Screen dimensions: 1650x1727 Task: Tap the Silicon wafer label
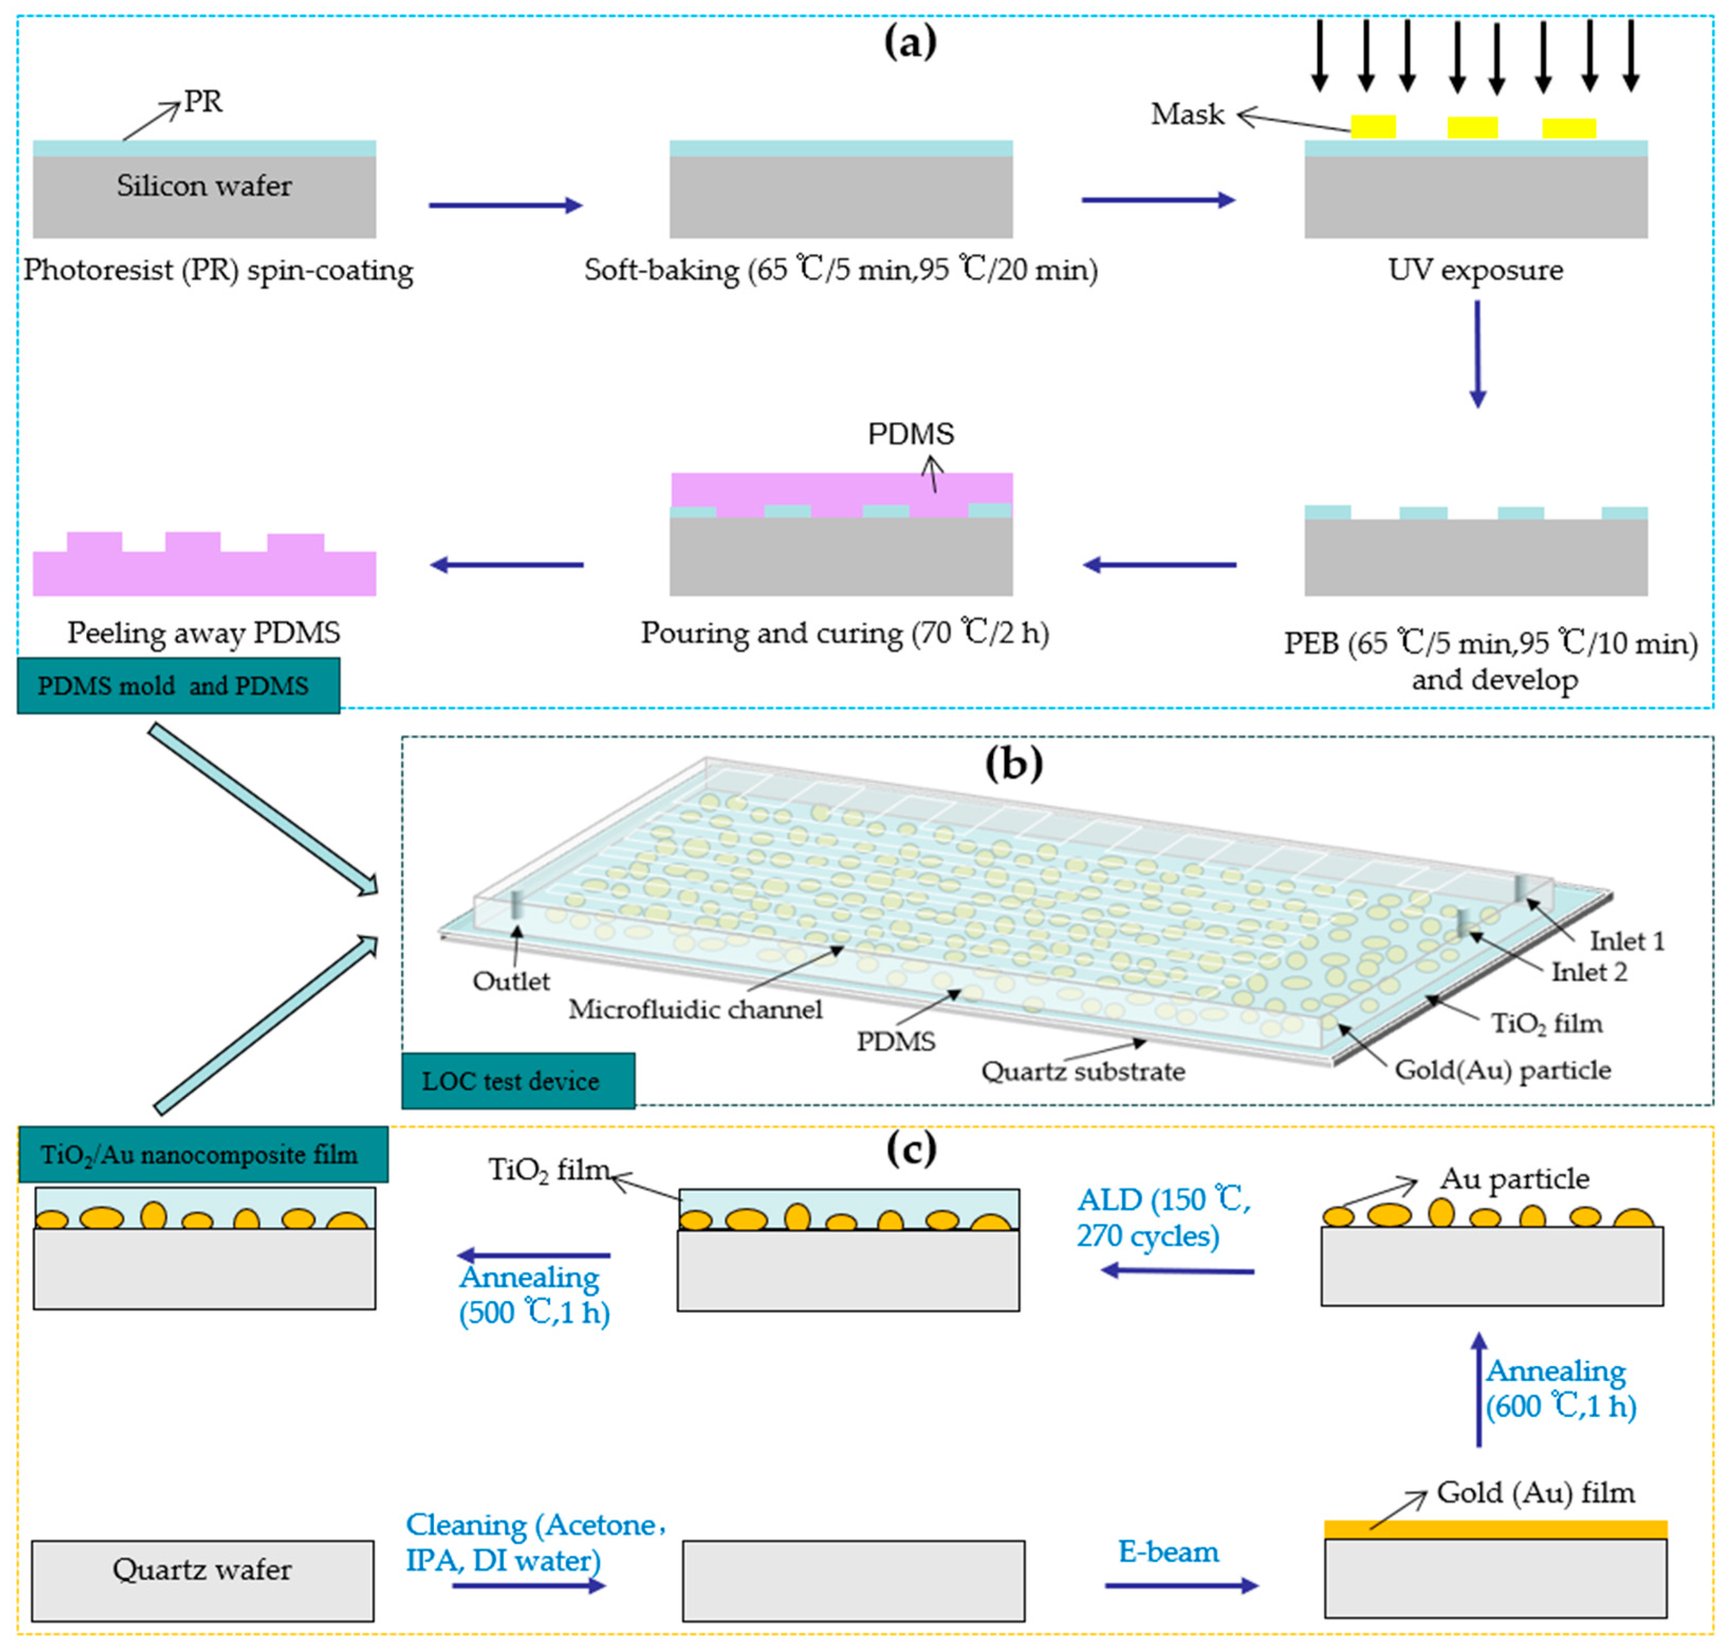click(x=204, y=186)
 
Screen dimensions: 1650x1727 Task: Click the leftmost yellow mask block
click(x=1372, y=127)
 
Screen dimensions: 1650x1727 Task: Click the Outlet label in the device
click(x=511, y=981)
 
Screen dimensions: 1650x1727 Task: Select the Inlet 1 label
click(x=1626, y=941)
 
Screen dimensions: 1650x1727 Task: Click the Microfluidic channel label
click(x=695, y=1009)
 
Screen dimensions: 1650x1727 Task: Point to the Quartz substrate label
click(x=1082, y=1071)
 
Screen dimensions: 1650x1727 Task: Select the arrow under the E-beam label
click(x=1181, y=1586)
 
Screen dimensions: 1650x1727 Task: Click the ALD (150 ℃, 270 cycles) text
click(x=1163, y=1217)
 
